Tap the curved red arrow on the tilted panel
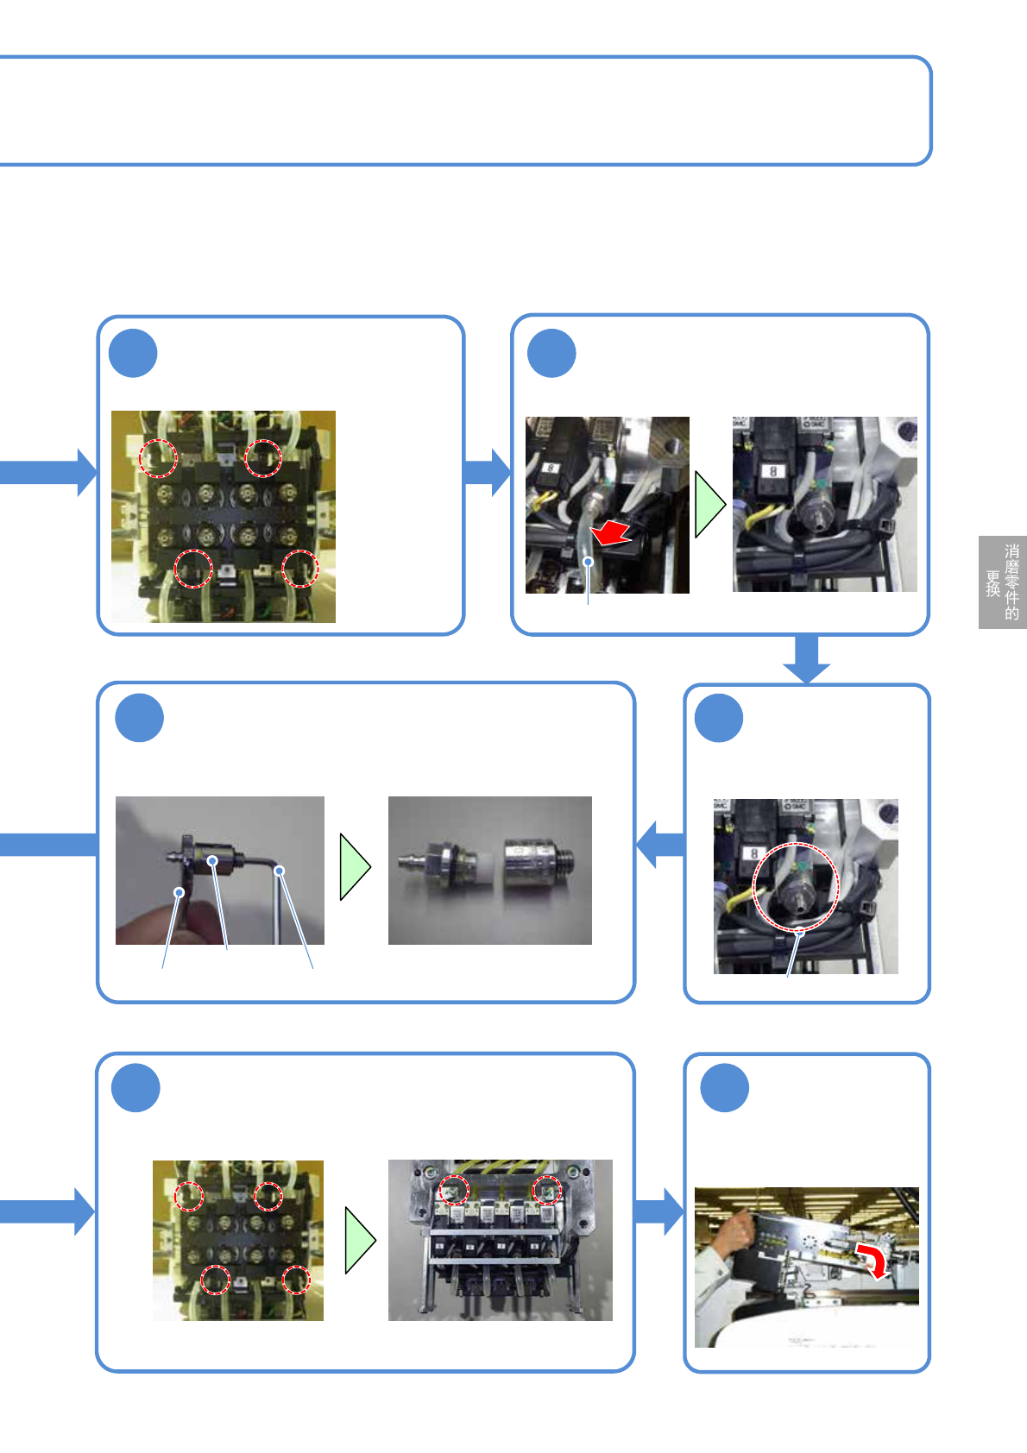[873, 1260]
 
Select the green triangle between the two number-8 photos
[709, 505]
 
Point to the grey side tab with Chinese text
[1002, 582]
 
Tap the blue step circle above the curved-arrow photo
[724, 1088]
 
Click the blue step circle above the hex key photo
[139, 718]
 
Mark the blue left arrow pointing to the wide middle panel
[659, 844]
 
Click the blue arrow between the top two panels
[488, 472]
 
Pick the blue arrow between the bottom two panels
[659, 1211]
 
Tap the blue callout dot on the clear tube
[588, 562]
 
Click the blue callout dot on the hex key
[279, 871]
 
